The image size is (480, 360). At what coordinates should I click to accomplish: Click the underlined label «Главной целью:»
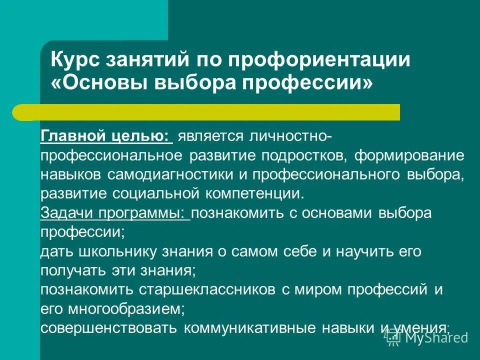pyautogui.click(x=106, y=136)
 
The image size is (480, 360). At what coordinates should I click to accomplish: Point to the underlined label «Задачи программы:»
pyautogui.click(x=114, y=212)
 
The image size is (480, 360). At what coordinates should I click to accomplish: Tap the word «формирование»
pyautogui.click(x=409, y=155)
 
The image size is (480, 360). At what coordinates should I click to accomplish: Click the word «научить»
pyautogui.click(x=360, y=251)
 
